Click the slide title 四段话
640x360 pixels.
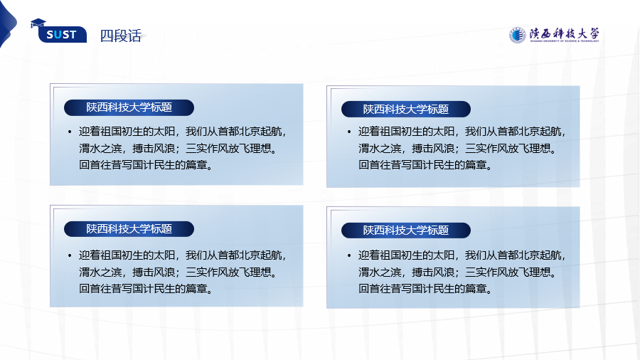coord(121,36)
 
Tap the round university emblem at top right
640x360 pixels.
coord(517,35)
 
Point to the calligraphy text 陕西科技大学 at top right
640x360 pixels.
coord(565,33)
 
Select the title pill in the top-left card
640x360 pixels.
coord(129,107)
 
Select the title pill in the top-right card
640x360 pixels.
coord(406,109)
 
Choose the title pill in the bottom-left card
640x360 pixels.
coord(129,229)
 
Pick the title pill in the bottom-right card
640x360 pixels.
coord(406,231)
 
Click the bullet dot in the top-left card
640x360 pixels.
coord(70,132)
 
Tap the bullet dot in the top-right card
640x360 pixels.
coord(349,132)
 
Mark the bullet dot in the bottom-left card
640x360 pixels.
coord(70,256)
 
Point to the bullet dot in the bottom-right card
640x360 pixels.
coord(349,256)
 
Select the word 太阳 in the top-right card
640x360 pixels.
coord(444,132)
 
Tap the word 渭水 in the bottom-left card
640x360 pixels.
coord(90,272)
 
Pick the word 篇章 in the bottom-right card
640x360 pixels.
coord(476,289)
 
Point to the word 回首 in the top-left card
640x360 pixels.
coord(90,165)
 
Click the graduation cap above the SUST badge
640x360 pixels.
coord(38,23)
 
